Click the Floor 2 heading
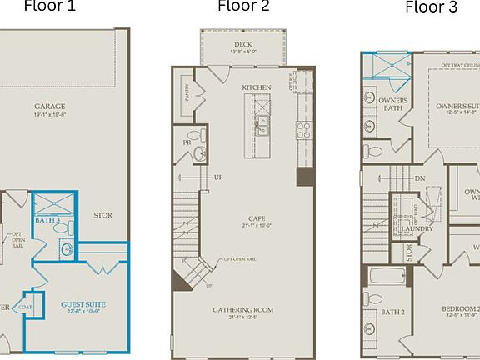point(243,7)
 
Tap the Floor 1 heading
point(49,7)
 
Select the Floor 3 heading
point(431,8)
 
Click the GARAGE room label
point(50,107)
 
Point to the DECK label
point(243,45)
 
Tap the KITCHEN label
point(257,87)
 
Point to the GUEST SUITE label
point(83,305)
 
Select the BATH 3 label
point(47,219)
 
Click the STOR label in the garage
point(102,215)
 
